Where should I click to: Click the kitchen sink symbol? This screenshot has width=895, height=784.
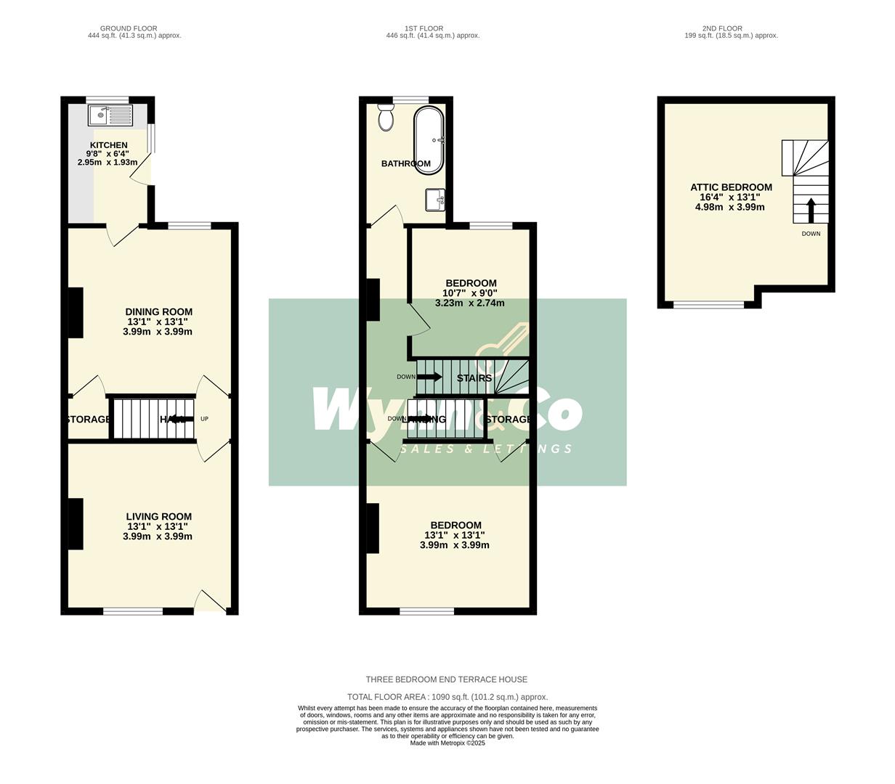pos(110,115)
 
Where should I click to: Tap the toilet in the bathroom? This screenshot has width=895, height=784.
pos(386,118)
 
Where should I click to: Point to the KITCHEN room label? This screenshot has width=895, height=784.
pos(109,145)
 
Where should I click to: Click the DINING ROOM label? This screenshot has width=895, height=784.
pos(159,312)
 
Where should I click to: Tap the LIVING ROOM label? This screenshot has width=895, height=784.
pos(159,517)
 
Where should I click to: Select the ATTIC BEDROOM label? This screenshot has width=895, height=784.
pos(731,187)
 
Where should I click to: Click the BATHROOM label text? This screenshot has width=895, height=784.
pos(406,164)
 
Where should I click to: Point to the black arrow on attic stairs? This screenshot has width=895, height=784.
pos(811,210)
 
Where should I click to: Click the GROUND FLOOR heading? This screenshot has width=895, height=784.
pos(129,28)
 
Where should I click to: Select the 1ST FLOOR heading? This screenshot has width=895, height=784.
pos(424,28)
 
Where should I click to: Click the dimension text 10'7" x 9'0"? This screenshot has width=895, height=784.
pos(470,293)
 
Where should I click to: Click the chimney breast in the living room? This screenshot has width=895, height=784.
pos(76,523)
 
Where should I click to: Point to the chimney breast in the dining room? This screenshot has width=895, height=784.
pos(76,313)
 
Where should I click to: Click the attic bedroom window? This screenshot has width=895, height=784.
pos(708,305)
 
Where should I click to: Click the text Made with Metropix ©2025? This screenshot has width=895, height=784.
pos(447,743)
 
